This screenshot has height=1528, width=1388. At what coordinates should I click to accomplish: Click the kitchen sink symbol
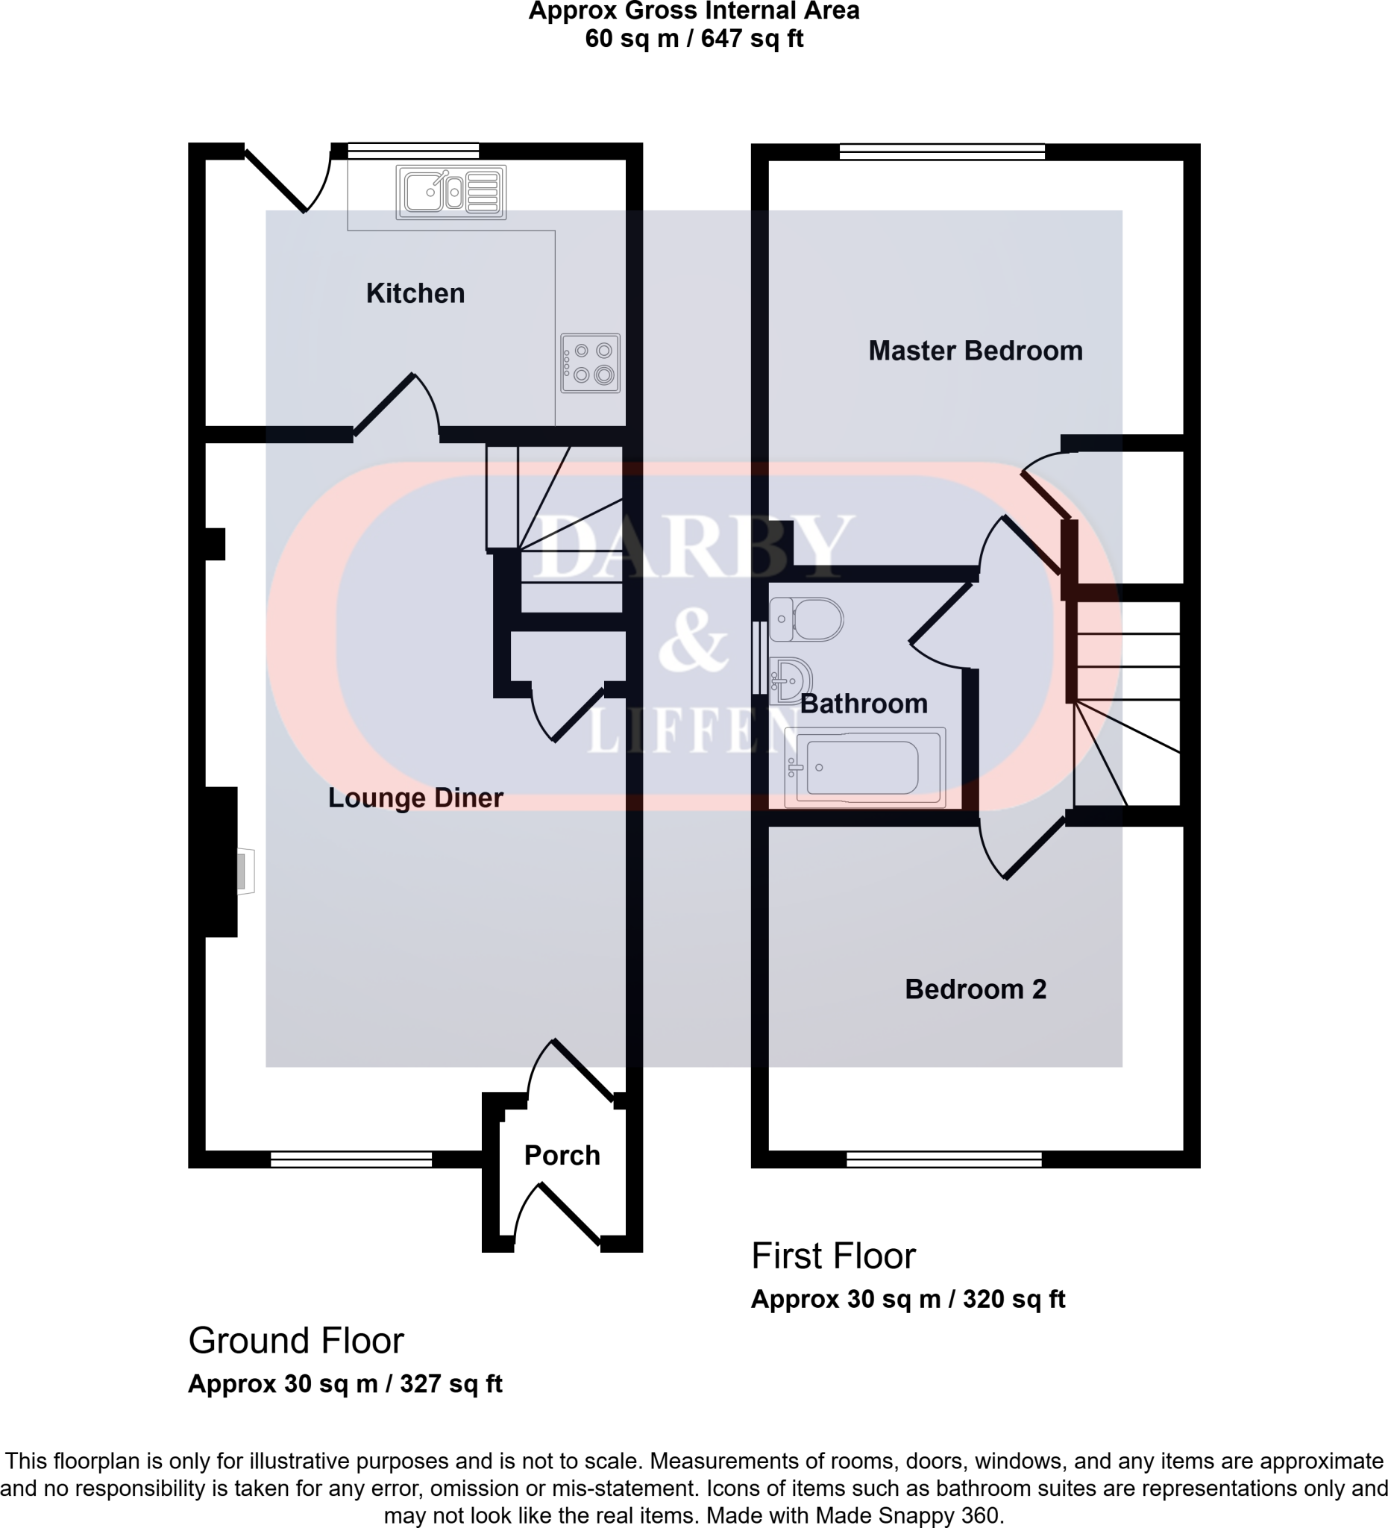450,192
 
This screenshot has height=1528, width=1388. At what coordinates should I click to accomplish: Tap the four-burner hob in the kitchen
590,363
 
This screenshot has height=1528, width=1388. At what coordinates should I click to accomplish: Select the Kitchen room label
415,293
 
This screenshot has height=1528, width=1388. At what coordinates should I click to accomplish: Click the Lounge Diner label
415,798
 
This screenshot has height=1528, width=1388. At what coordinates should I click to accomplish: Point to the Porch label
562,1155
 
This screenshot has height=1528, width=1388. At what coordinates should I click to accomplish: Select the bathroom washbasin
791,680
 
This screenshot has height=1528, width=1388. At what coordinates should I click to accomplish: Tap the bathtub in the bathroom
865,768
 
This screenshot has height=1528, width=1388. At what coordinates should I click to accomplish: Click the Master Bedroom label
975,351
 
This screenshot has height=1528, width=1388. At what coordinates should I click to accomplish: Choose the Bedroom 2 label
975,989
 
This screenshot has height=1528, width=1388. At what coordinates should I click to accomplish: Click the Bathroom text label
864,704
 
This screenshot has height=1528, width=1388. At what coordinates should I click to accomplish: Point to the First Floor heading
833,1256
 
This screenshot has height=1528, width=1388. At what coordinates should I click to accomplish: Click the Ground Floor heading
295,1341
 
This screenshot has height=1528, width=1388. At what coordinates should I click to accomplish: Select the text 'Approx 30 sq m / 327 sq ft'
345,1384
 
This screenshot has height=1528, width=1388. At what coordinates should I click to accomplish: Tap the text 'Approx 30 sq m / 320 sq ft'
908,1299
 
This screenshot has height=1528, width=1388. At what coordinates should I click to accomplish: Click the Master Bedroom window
942,152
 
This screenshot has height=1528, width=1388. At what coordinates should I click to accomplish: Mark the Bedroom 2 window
943,1159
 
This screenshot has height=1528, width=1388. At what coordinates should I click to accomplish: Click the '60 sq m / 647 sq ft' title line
694,39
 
